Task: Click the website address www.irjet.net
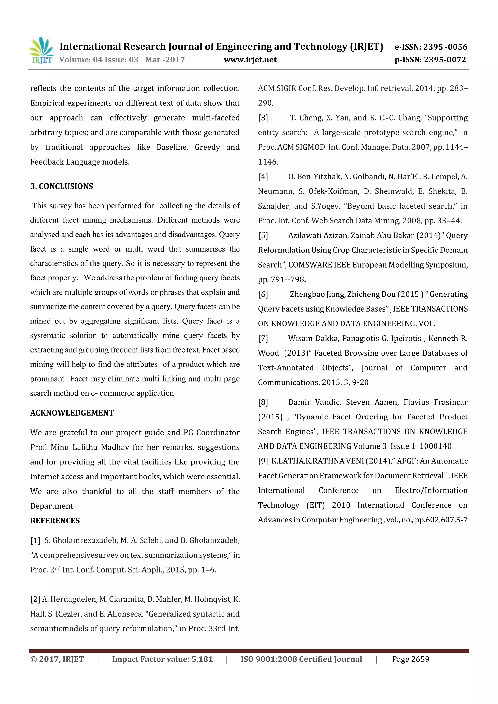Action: click(x=250, y=60)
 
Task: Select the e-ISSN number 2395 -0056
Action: click(x=445, y=47)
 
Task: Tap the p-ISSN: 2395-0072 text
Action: click(x=430, y=60)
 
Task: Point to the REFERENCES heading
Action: click(x=55, y=521)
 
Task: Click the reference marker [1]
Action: click(x=35, y=540)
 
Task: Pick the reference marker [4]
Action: click(x=263, y=177)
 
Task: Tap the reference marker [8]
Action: click(x=263, y=402)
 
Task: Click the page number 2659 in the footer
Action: click(x=420, y=659)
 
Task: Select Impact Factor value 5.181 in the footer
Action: click(x=162, y=659)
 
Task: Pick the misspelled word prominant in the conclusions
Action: click(x=47, y=379)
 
